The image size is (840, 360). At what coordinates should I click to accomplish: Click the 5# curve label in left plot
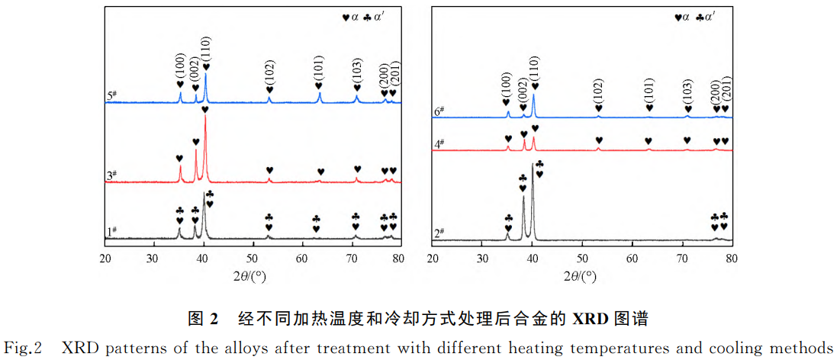(x=111, y=96)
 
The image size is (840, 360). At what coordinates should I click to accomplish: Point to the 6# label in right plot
(x=439, y=111)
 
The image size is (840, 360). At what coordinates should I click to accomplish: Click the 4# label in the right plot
(x=439, y=143)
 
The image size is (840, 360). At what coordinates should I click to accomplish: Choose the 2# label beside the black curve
(x=439, y=232)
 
